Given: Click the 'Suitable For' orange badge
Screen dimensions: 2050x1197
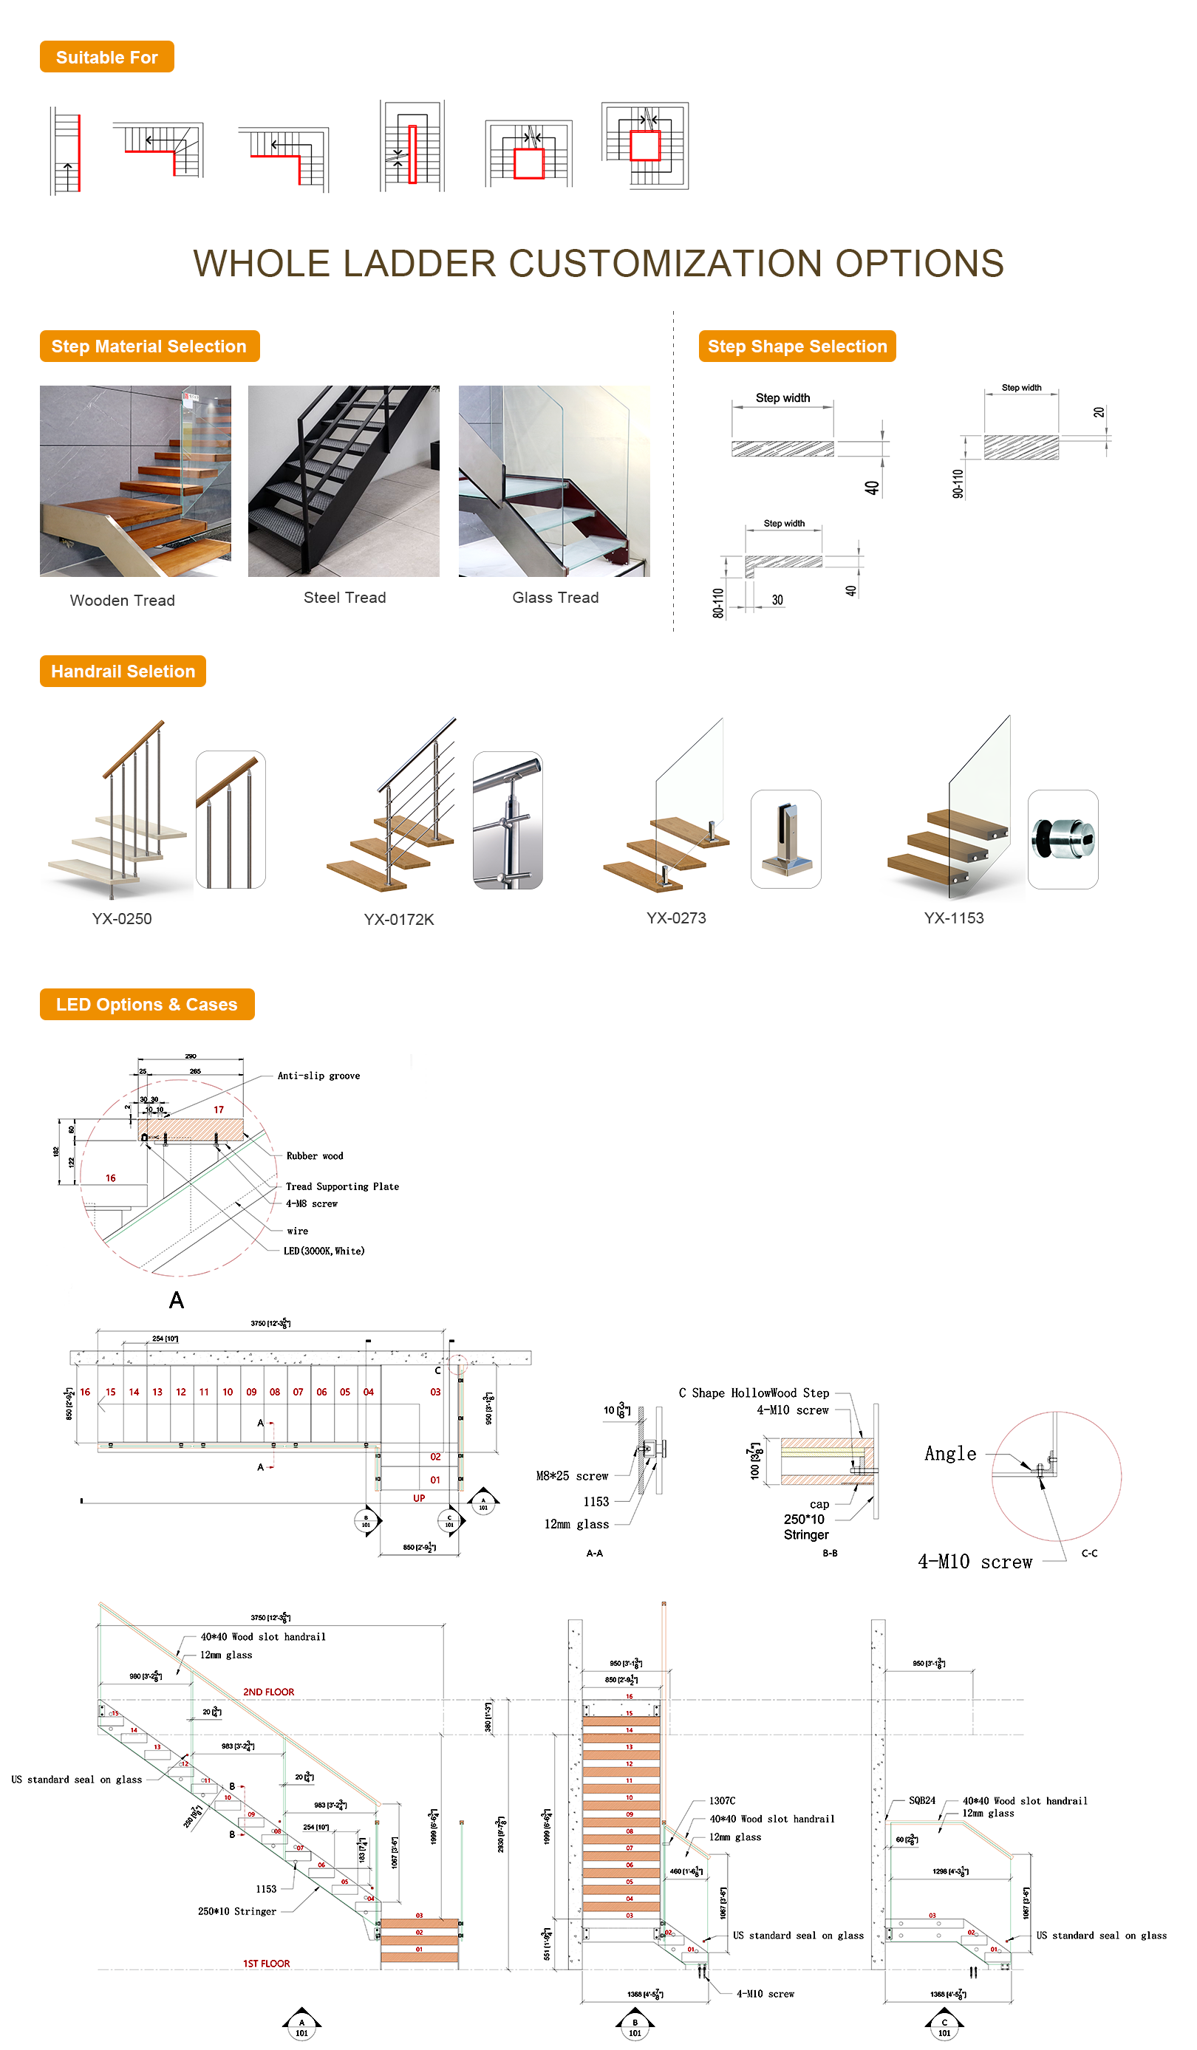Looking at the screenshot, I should pos(106,57).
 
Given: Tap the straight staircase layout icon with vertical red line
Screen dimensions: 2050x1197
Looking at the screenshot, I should pos(66,152).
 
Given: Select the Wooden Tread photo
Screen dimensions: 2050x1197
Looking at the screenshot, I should pos(135,481).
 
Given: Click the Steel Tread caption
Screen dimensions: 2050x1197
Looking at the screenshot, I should pos(344,597).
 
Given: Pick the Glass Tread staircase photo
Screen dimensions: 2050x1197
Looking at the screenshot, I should pos(553,481).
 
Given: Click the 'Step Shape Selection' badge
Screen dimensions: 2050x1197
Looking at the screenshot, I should pos(796,346).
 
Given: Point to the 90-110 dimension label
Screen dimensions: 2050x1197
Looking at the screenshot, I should pos(958,483).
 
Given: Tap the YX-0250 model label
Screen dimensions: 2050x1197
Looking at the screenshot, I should pos(121,918).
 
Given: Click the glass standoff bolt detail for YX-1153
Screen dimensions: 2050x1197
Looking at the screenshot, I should pos(1062,838).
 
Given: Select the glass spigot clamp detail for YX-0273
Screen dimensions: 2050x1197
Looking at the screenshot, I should pos(785,838).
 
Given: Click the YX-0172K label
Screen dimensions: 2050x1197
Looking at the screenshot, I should pos(399,919).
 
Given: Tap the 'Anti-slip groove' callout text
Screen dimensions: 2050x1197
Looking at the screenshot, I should pos(318,1076).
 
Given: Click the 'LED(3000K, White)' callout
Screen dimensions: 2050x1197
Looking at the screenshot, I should pos(323,1251).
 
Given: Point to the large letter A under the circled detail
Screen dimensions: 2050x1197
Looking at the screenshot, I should pos(176,1300).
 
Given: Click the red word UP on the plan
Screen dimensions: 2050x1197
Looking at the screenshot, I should pos(418,1497).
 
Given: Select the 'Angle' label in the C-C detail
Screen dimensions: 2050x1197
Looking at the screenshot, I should pos(949,1454).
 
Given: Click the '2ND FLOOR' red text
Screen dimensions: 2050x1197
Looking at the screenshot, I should pos(268,1691).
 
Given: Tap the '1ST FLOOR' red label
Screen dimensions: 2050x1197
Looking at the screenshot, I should pos(266,1963).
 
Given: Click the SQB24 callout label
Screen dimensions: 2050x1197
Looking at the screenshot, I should pos(921,1800).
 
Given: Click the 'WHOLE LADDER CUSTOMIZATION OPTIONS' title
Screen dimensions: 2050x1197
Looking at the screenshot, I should pos(598,264).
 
